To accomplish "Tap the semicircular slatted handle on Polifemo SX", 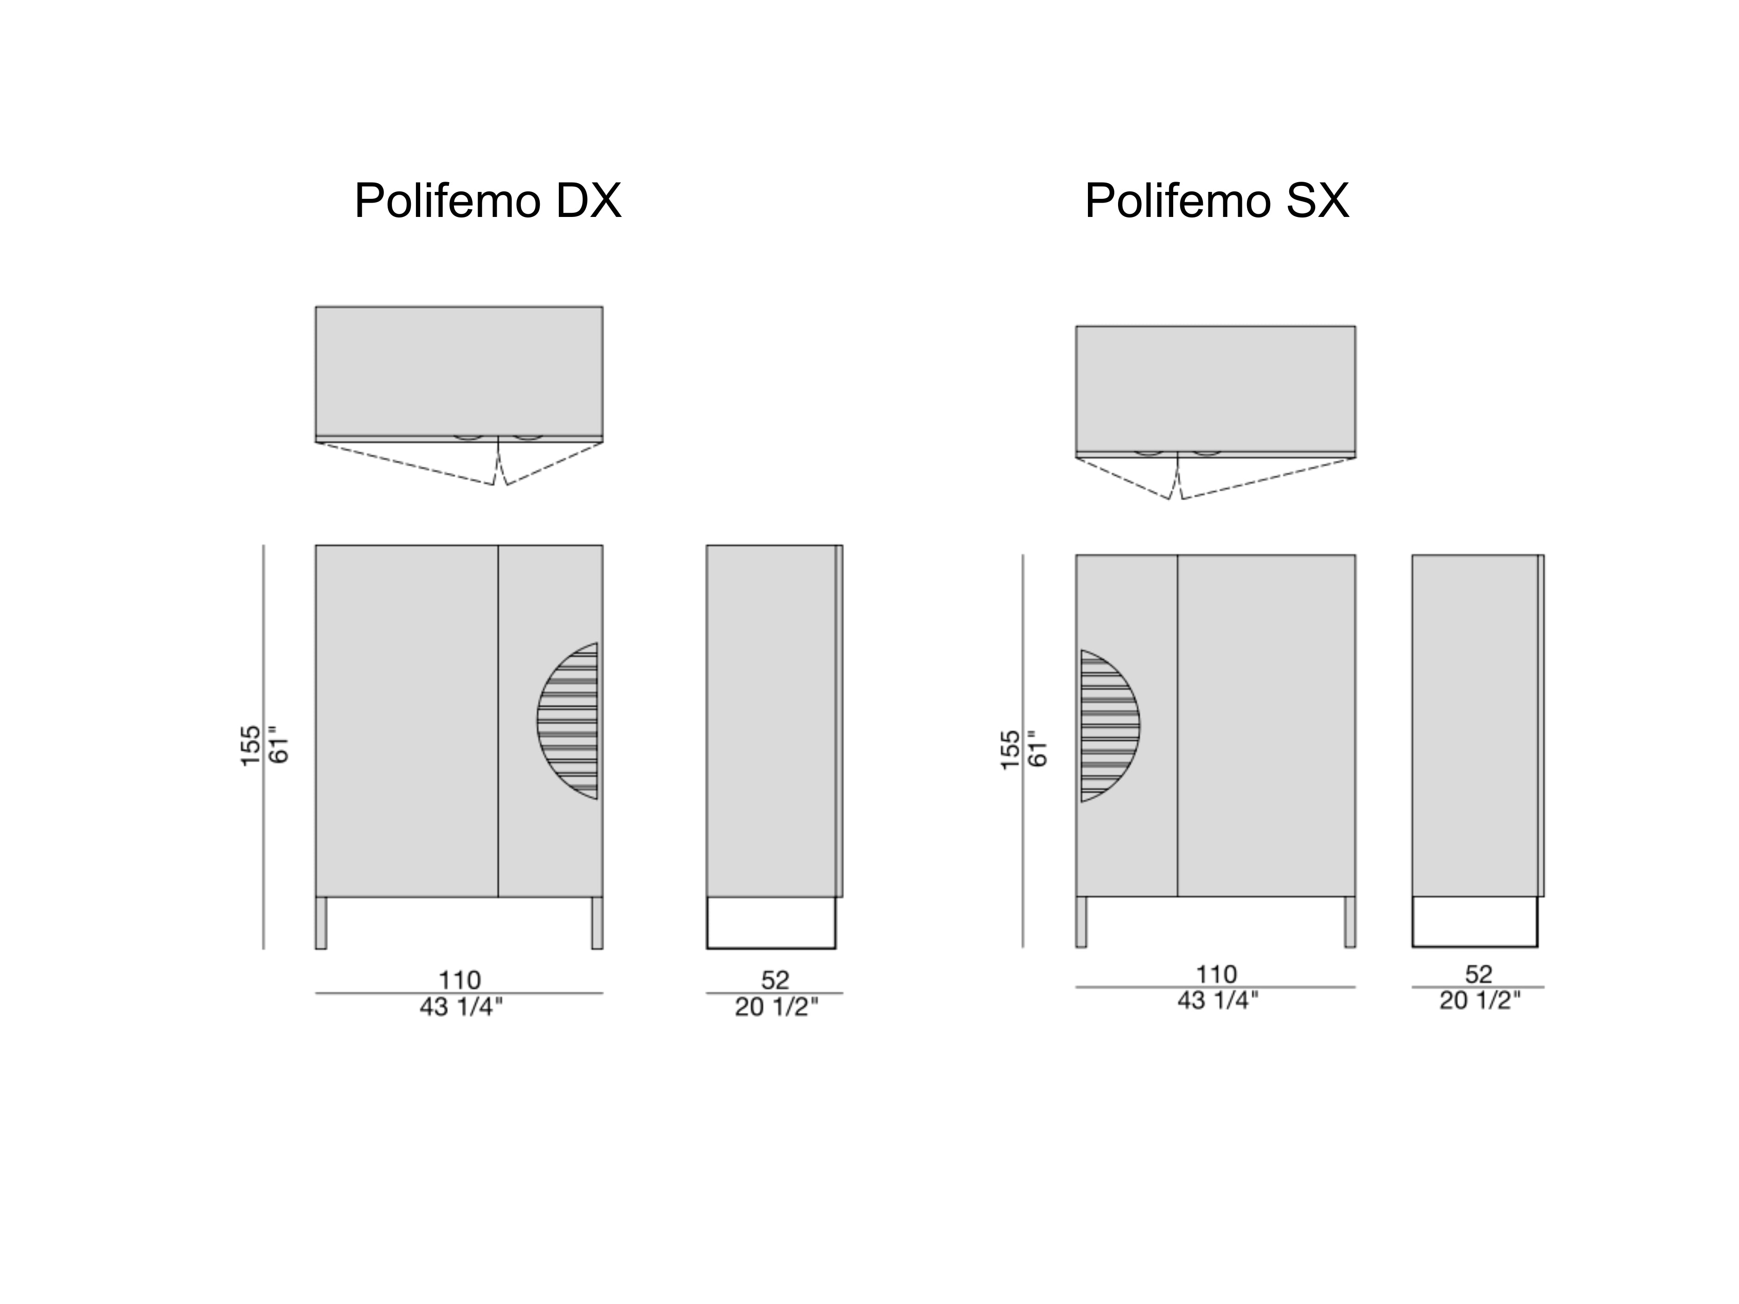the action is click(x=1110, y=725).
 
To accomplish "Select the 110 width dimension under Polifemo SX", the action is click(x=1216, y=975).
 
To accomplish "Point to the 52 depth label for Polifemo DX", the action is click(x=774, y=980).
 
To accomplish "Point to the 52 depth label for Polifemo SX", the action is click(x=1478, y=975).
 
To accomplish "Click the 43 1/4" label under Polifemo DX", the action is click(x=460, y=1007).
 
